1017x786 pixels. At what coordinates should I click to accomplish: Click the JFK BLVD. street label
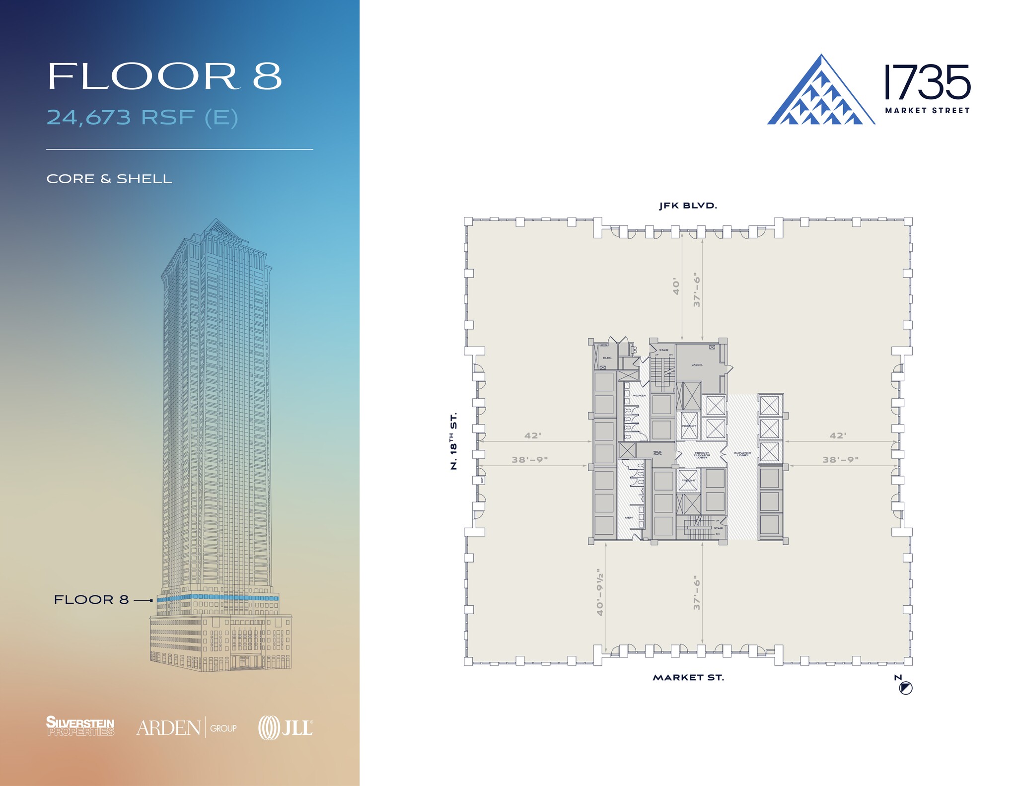(688, 206)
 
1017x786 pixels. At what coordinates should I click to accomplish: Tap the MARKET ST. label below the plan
(688, 677)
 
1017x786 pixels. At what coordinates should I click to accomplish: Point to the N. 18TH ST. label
(453, 441)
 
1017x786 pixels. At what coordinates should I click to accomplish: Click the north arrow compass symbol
(906, 688)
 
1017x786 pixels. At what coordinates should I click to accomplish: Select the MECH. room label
(697, 365)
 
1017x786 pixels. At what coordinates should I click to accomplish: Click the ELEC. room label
(607, 357)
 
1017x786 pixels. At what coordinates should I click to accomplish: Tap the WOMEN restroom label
(639, 395)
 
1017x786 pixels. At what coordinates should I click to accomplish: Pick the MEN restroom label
(629, 517)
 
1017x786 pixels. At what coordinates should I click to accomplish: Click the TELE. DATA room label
(657, 453)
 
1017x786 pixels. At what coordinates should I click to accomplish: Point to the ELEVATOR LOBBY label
(742, 454)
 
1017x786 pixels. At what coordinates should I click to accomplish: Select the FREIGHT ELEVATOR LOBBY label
(702, 455)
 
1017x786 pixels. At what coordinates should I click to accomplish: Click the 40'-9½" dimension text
(600, 592)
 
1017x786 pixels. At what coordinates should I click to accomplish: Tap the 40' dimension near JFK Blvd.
(676, 287)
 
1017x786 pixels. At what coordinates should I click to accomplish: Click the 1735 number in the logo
(927, 82)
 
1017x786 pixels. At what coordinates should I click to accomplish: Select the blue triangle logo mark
(820, 92)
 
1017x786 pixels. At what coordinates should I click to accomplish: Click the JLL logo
(286, 728)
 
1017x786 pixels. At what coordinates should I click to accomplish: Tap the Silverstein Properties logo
(80, 726)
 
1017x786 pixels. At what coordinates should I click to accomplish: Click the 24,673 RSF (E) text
(143, 117)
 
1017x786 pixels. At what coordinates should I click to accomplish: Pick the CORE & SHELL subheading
(109, 179)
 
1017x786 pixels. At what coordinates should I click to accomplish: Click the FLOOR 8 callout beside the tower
(91, 600)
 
